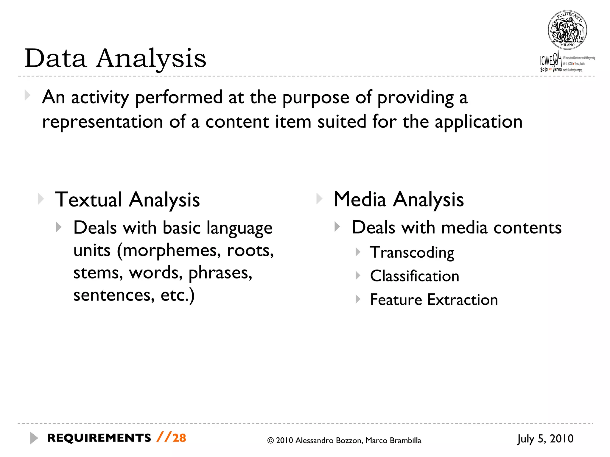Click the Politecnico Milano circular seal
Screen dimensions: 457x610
567,30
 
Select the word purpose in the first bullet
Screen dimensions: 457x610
315,98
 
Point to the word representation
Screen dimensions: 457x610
102,122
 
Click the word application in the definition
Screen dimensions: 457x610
478,122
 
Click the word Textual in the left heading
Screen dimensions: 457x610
88,199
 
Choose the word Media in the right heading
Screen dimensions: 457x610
360,199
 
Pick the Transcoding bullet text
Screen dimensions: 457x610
412,253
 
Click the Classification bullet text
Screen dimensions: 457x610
414,276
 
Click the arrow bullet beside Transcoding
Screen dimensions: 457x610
358,252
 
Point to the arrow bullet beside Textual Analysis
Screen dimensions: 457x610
41,199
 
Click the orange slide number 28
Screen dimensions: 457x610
179,438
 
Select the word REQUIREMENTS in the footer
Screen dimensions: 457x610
99,438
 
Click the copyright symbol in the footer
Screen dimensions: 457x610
270,441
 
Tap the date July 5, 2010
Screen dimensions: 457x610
545,439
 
